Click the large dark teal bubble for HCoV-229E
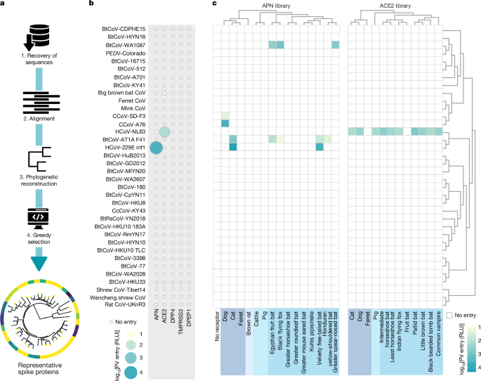pyautogui.click(x=156, y=148)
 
